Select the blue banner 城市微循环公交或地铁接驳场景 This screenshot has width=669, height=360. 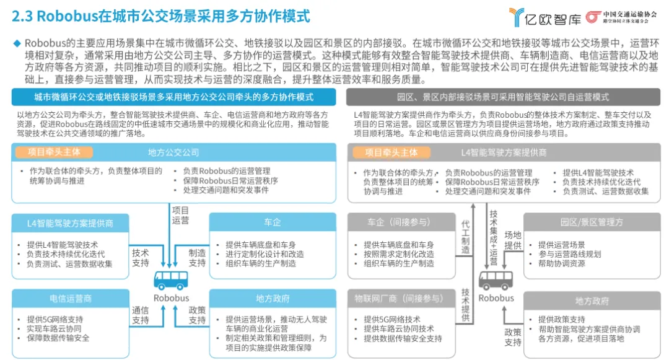click(173, 97)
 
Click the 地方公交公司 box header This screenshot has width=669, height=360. click(173, 152)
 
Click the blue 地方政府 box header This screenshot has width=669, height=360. click(273, 299)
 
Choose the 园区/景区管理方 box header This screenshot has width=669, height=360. click(592, 222)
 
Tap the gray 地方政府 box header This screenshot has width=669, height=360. click(592, 301)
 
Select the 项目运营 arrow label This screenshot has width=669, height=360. click(180, 215)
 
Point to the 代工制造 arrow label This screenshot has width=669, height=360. click(466, 237)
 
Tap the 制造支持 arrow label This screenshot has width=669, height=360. click(197, 258)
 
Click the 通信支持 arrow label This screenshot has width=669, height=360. click(140, 315)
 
